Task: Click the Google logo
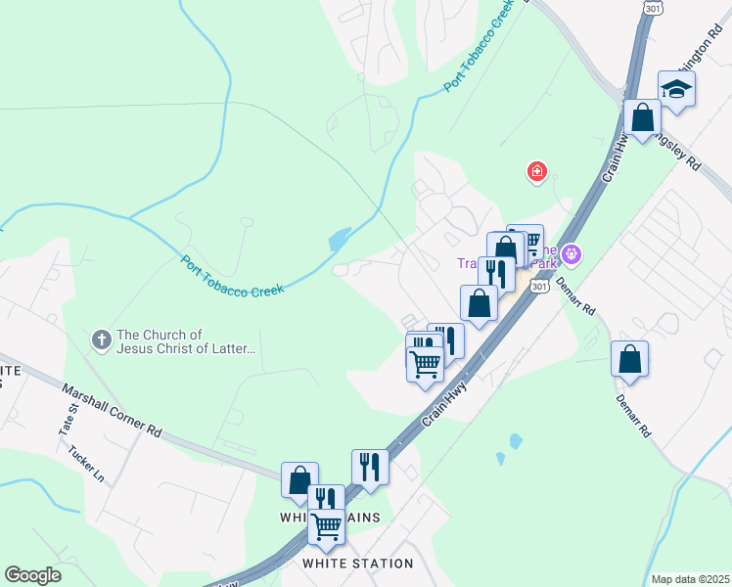[33, 575]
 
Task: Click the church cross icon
[101, 340]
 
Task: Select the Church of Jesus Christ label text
[186, 341]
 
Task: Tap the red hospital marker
[536, 173]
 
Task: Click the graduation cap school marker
[676, 89]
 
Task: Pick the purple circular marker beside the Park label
[572, 256]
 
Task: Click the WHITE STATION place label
[357, 564]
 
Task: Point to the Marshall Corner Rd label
[112, 408]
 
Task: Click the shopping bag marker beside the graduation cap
[643, 119]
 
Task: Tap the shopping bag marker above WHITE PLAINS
[299, 479]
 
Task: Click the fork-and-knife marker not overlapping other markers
[370, 466]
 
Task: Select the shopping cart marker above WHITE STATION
[326, 526]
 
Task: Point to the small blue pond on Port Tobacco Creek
[340, 239]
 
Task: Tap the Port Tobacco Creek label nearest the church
[232, 277]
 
